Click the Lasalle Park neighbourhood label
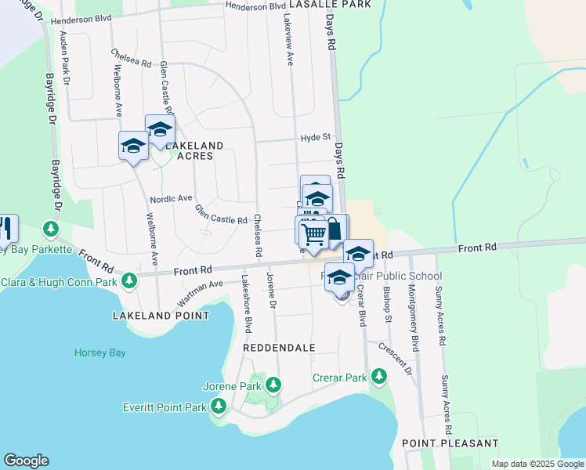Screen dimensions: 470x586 [329, 5]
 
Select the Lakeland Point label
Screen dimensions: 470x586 [161, 316]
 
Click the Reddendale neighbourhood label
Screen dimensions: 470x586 [279, 347]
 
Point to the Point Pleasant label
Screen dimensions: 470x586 [450, 443]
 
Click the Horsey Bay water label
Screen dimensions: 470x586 [99, 352]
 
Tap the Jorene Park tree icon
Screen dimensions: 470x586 [273, 385]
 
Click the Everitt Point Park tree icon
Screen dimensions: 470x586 [219, 406]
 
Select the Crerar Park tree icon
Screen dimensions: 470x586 [379, 378]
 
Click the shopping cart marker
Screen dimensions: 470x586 [313, 233]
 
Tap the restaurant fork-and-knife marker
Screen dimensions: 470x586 [6, 228]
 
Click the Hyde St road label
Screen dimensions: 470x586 [316, 138]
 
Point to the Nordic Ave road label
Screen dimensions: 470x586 [171, 199]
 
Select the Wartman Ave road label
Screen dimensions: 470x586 [201, 295]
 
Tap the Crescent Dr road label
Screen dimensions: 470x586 [396, 357]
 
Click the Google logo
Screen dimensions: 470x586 [26, 461]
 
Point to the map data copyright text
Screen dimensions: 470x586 [537, 464]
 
